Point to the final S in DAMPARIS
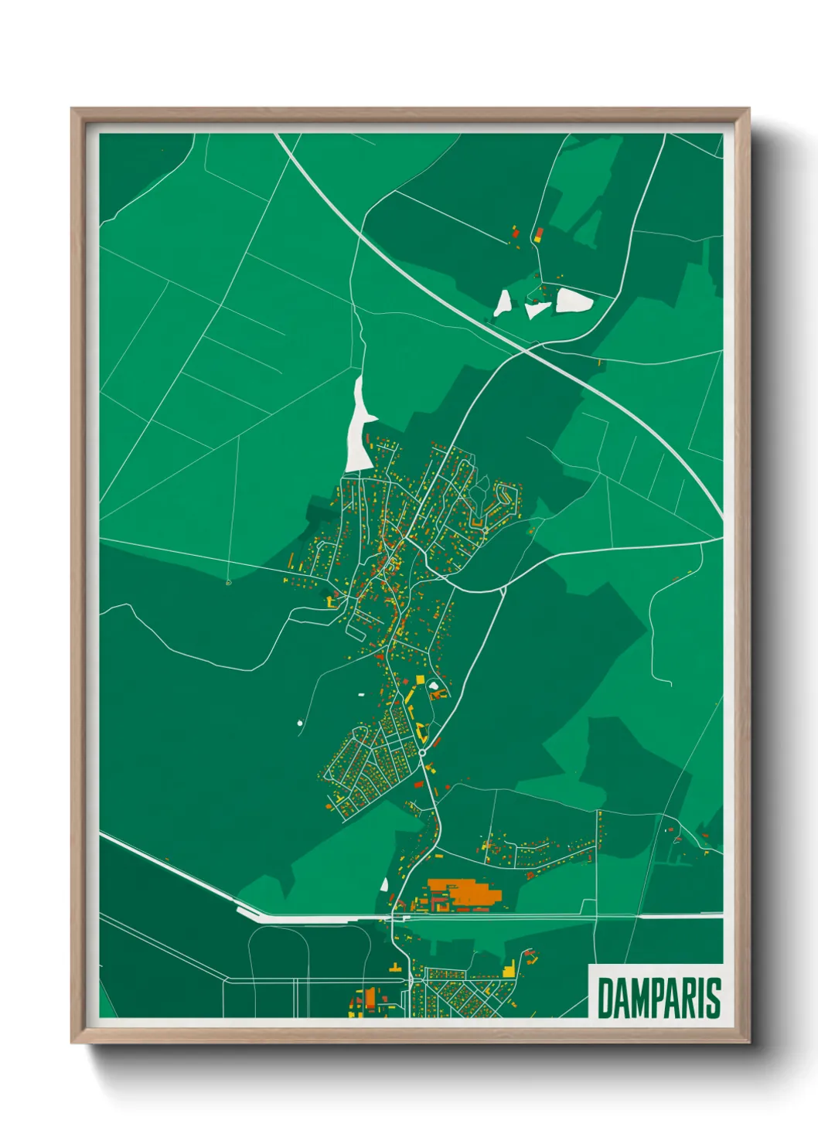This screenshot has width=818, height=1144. (x=714, y=998)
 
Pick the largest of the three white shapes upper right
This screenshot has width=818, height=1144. (x=574, y=300)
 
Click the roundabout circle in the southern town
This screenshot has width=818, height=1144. (x=423, y=752)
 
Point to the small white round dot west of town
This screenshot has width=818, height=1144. (x=300, y=724)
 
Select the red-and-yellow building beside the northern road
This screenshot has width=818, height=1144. (x=538, y=234)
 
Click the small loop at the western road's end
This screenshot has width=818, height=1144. (x=228, y=582)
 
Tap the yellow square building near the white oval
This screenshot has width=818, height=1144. (x=421, y=679)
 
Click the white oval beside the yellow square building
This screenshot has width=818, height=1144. (x=434, y=686)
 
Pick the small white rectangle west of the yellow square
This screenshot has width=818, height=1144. (x=360, y=695)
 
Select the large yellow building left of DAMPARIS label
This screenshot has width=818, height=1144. (x=509, y=969)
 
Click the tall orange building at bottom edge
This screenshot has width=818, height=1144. (x=370, y=998)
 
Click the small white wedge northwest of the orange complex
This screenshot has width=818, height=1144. (x=384, y=884)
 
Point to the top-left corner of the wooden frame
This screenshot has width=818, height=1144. (x=73, y=111)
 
